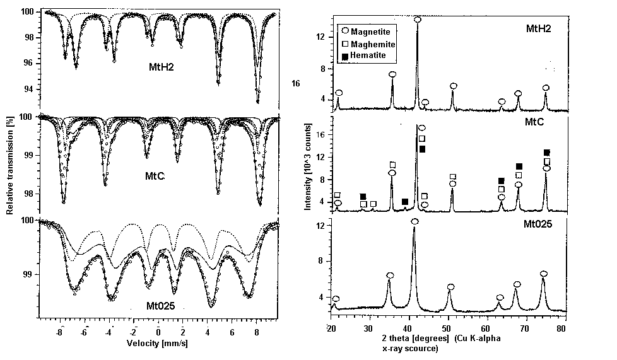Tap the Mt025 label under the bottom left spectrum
(x=157, y=308)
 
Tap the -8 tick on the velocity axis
(x=58, y=332)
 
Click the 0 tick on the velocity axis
(x=158, y=332)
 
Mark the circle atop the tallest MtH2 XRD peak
(x=418, y=20)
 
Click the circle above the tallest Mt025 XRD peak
(x=414, y=222)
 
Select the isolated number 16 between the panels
(x=296, y=83)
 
